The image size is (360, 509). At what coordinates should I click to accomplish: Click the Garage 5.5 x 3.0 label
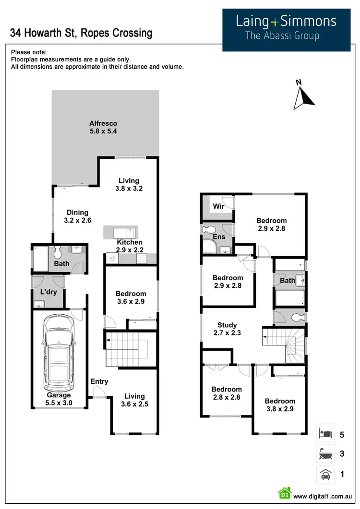click(60, 399)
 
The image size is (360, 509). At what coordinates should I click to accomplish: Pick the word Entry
click(99, 381)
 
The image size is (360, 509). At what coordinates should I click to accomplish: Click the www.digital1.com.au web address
click(323, 497)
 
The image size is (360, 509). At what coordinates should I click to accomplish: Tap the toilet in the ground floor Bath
click(58, 251)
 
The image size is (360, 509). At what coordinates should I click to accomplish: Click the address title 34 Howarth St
click(81, 33)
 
